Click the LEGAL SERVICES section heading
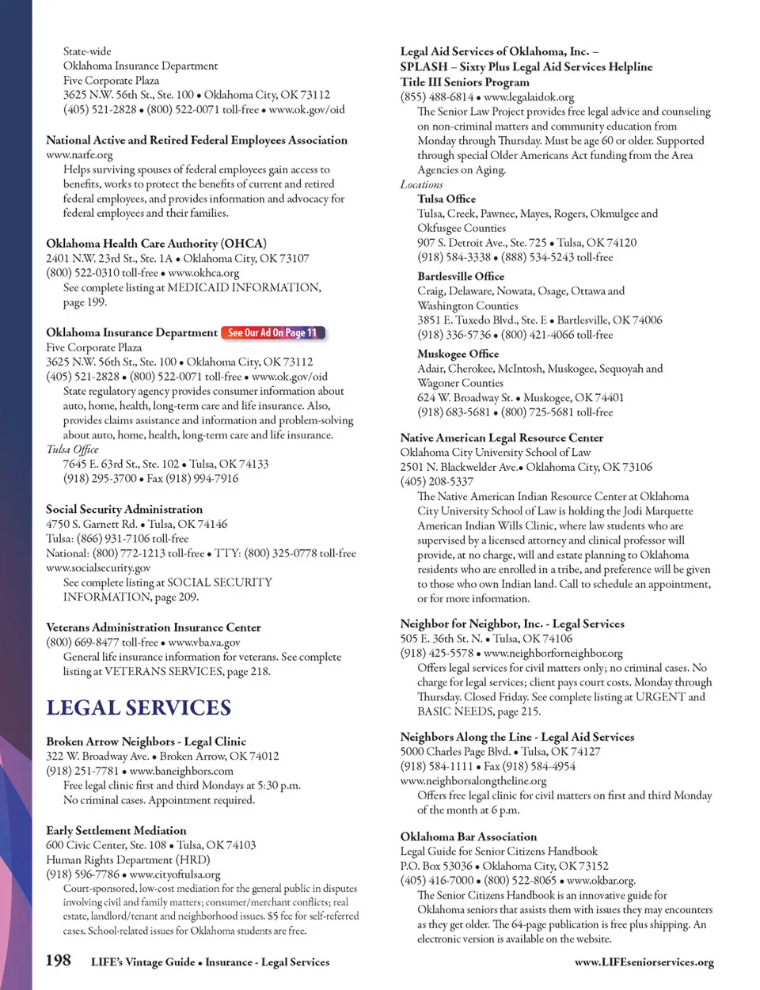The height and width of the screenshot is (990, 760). point(139,707)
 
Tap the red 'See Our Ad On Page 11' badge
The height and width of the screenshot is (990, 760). point(272,333)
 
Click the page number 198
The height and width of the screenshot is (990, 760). point(58,961)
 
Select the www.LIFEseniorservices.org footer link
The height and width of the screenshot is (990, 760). point(644,962)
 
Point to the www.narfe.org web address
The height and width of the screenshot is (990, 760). point(79,155)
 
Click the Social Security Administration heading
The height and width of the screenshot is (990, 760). point(124,510)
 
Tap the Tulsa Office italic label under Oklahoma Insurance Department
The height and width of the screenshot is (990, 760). point(72,449)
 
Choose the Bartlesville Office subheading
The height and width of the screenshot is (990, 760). point(461,276)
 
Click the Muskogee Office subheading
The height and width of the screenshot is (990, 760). point(458,354)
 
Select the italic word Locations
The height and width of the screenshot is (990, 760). point(421,184)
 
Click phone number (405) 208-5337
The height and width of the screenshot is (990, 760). point(436,481)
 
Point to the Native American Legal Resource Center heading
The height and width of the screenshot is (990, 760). point(501,438)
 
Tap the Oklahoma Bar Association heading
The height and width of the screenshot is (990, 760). point(468,836)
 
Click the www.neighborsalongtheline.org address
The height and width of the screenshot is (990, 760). point(473,780)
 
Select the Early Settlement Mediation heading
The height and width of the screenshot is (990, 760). point(116,830)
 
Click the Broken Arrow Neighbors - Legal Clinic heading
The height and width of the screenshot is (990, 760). point(146,742)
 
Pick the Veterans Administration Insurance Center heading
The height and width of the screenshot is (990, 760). point(153,628)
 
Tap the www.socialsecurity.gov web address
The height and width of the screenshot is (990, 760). point(98,567)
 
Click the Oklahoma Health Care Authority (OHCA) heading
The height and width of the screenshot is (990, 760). point(156,244)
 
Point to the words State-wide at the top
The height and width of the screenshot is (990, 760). point(87,51)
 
